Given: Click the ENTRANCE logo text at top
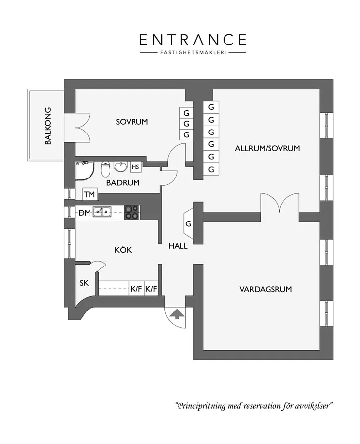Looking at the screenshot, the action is [193, 40].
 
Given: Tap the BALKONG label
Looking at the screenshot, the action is [48, 126].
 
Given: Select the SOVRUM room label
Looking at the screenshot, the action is [132, 122].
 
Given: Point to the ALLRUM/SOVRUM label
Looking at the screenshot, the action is [267, 148].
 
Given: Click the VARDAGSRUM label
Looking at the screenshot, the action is [266, 289].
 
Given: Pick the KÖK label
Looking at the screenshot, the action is [123, 250].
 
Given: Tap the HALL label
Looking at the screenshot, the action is [178, 246].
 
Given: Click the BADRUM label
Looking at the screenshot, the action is [123, 183].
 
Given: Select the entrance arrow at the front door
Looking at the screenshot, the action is [177, 314].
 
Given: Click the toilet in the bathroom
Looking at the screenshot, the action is [105, 169].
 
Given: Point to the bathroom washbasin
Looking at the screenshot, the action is [121, 167].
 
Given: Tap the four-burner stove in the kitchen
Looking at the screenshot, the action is [132, 212].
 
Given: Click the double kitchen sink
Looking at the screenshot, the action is [102, 211].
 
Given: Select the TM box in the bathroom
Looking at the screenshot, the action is [90, 194].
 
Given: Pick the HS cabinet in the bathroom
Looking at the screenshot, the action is [135, 167].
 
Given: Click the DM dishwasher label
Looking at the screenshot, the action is [85, 213].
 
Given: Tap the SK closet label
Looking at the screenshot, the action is [84, 283].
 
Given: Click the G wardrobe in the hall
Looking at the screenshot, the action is [188, 223].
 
